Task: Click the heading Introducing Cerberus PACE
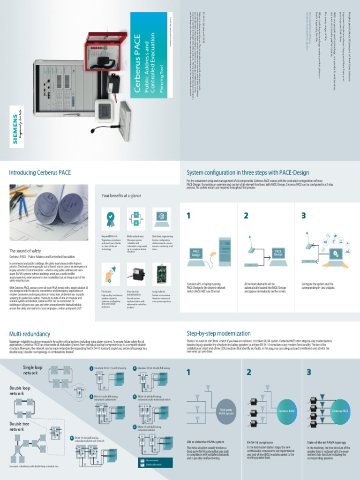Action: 40,173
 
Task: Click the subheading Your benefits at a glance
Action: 122,195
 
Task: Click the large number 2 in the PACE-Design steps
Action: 246,216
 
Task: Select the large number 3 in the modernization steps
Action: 309,372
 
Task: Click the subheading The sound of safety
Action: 26,251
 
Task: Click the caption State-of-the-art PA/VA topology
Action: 326,442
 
